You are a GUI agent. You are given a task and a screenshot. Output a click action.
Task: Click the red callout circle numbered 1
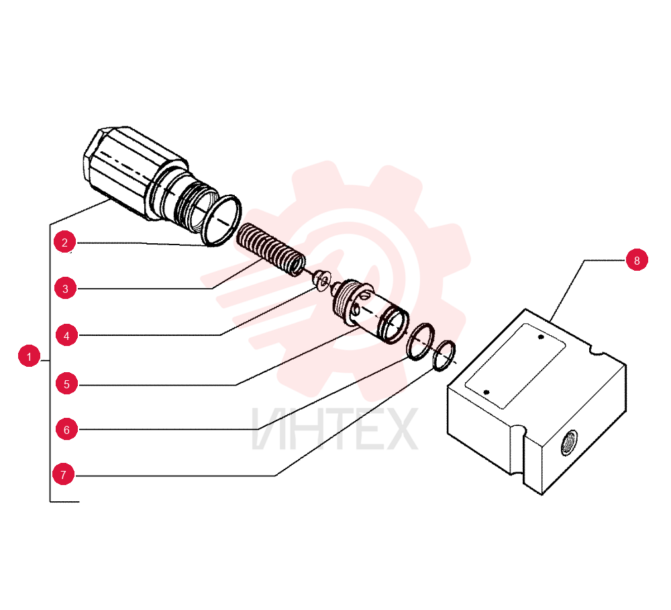(x=29, y=356)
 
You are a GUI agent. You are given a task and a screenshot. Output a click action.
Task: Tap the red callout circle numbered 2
(x=64, y=242)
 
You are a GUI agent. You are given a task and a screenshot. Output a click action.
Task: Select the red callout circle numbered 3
(x=66, y=288)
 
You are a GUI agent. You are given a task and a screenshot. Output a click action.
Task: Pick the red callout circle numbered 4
(x=66, y=335)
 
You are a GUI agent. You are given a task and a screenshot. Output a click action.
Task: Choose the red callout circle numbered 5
(x=66, y=384)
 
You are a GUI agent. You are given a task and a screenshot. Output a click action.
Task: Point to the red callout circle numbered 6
(x=66, y=429)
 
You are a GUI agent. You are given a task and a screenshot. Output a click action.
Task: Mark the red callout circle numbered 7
(x=63, y=474)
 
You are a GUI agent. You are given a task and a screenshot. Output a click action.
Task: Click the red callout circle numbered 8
(x=637, y=260)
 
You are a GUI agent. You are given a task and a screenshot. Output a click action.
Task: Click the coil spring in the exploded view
(x=271, y=250)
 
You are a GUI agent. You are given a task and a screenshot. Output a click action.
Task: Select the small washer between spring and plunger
(x=321, y=279)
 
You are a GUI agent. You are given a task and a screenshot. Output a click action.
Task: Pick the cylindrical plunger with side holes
(x=370, y=311)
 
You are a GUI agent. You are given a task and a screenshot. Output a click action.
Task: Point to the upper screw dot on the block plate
(x=541, y=337)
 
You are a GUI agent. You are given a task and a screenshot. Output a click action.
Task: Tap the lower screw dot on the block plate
(x=486, y=392)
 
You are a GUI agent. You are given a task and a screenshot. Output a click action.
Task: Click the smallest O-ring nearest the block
(x=444, y=356)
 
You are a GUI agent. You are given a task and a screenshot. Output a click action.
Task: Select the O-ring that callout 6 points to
(x=421, y=342)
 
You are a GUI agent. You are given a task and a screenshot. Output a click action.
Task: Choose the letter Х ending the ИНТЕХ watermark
(x=401, y=429)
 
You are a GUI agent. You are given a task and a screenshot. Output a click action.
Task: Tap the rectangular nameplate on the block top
(x=515, y=365)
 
